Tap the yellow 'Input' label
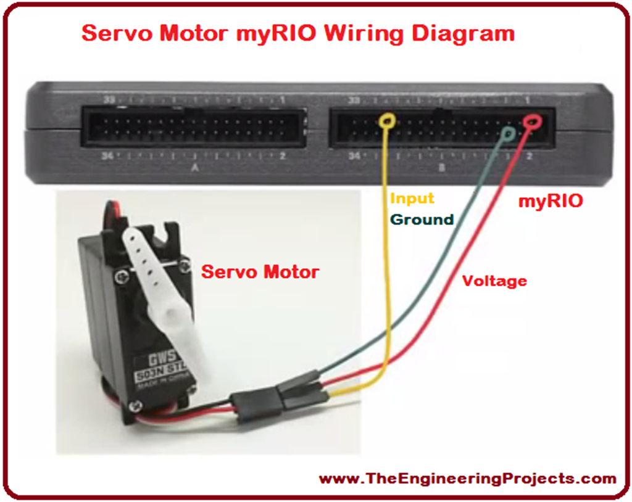tap(412, 199)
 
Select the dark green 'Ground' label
tap(422, 219)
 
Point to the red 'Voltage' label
tap(495, 281)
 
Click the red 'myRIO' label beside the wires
tap(550, 201)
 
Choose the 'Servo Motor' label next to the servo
tap(260, 271)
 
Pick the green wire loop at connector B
tap(509, 133)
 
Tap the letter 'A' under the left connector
tap(195, 167)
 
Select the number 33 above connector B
tap(354, 101)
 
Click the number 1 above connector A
tap(282, 101)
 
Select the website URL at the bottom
tap(467, 479)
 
